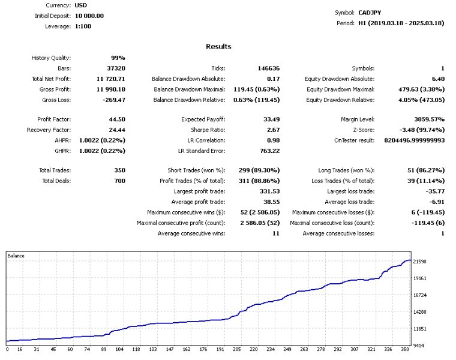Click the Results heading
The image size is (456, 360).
click(218, 46)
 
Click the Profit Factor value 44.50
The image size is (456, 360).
click(116, 119)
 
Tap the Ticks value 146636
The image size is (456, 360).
click(267, 69)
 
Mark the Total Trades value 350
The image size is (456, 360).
click(119, 171)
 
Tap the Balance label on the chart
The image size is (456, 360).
click(17, 256)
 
